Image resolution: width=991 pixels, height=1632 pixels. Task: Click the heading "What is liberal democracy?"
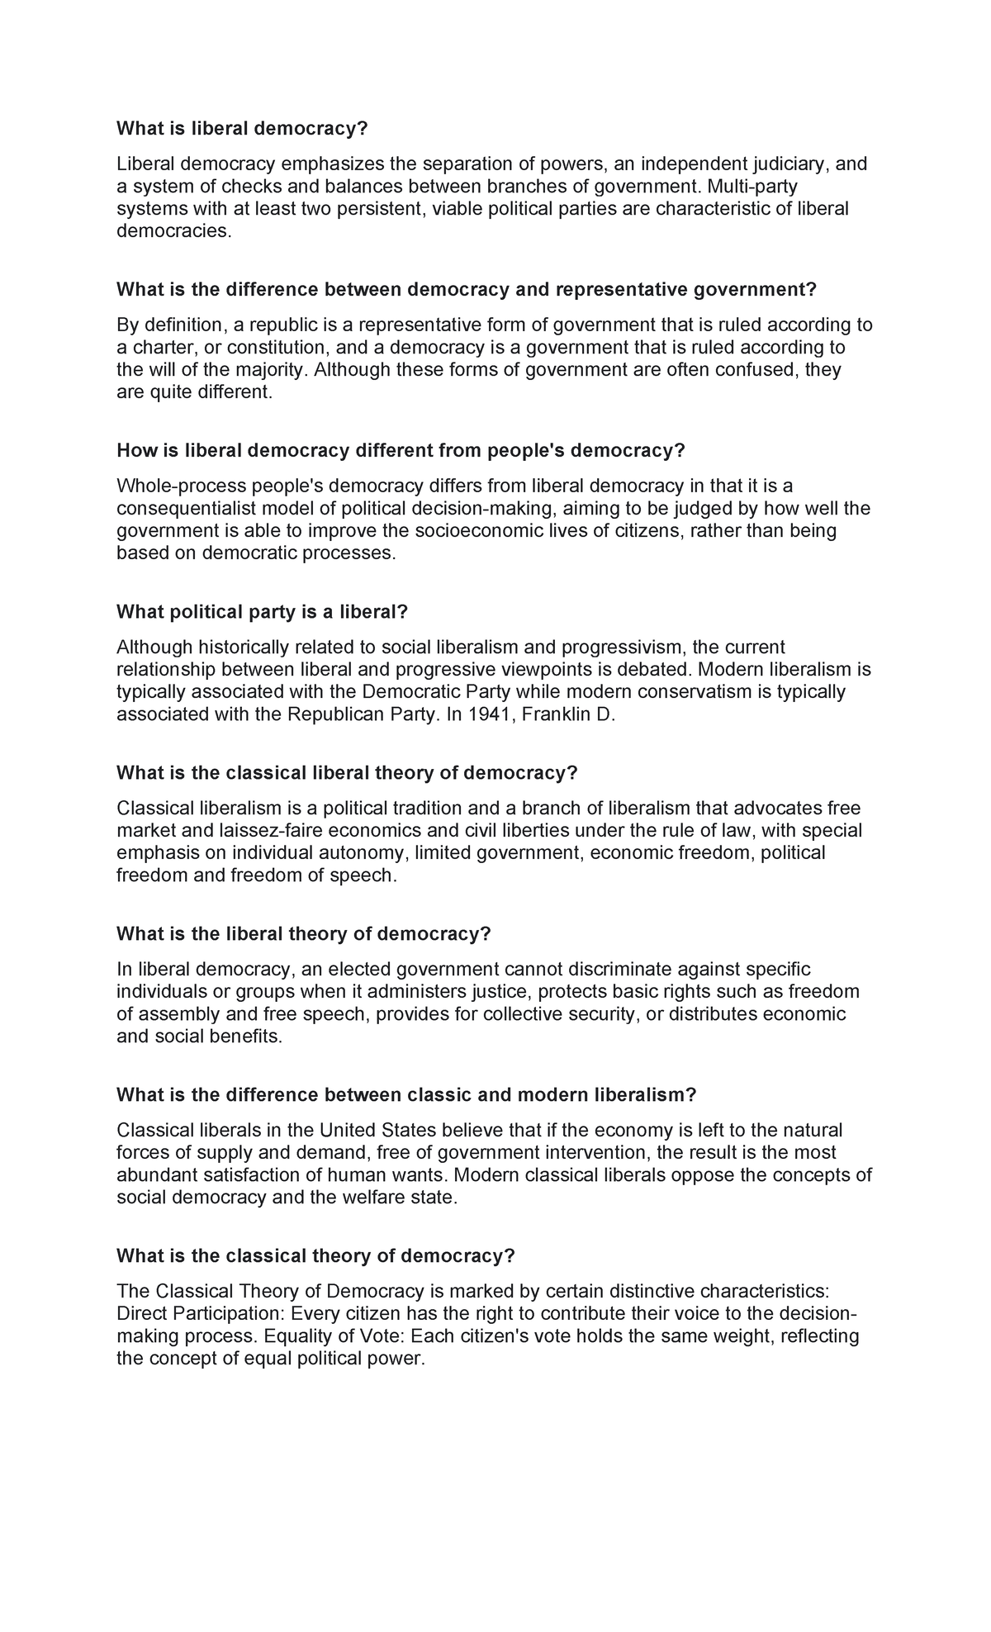pyautogui.click(x=241, y=128)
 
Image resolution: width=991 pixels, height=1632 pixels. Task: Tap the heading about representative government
pyautogui.click(x=466, y=289)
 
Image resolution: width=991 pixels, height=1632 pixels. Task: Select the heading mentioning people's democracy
pyautogui.click(x=401, y=450)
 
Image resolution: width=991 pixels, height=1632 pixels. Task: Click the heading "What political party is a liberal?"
pyautogui.click(x=263, y=611)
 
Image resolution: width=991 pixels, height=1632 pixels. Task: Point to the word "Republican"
pyautogui.click(x=331, y=714)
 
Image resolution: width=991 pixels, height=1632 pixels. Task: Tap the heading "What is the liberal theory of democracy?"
pyautogui.click(x=304, y=933)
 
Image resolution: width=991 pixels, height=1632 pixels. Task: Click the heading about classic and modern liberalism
pyautogui.click(x=406, y=1094)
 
